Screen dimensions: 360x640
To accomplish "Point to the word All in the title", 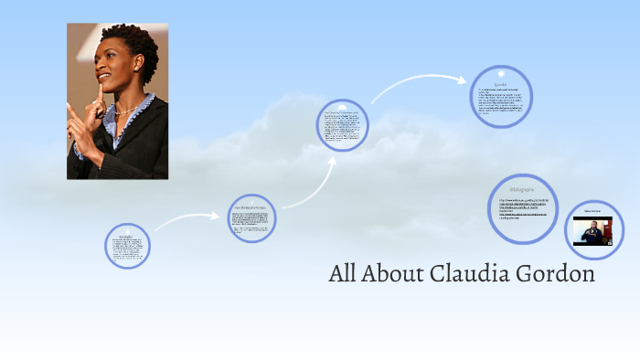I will (x=344, y=273).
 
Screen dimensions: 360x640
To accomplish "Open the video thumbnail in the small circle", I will (x=592, y=230).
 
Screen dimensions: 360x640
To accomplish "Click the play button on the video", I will (x=592, y=231).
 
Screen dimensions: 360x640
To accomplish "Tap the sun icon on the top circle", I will (x=501, y=72).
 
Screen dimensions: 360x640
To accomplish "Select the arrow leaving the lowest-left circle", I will (x=183, y=219).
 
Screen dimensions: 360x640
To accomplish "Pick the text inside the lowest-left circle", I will (x=127, y=246).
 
